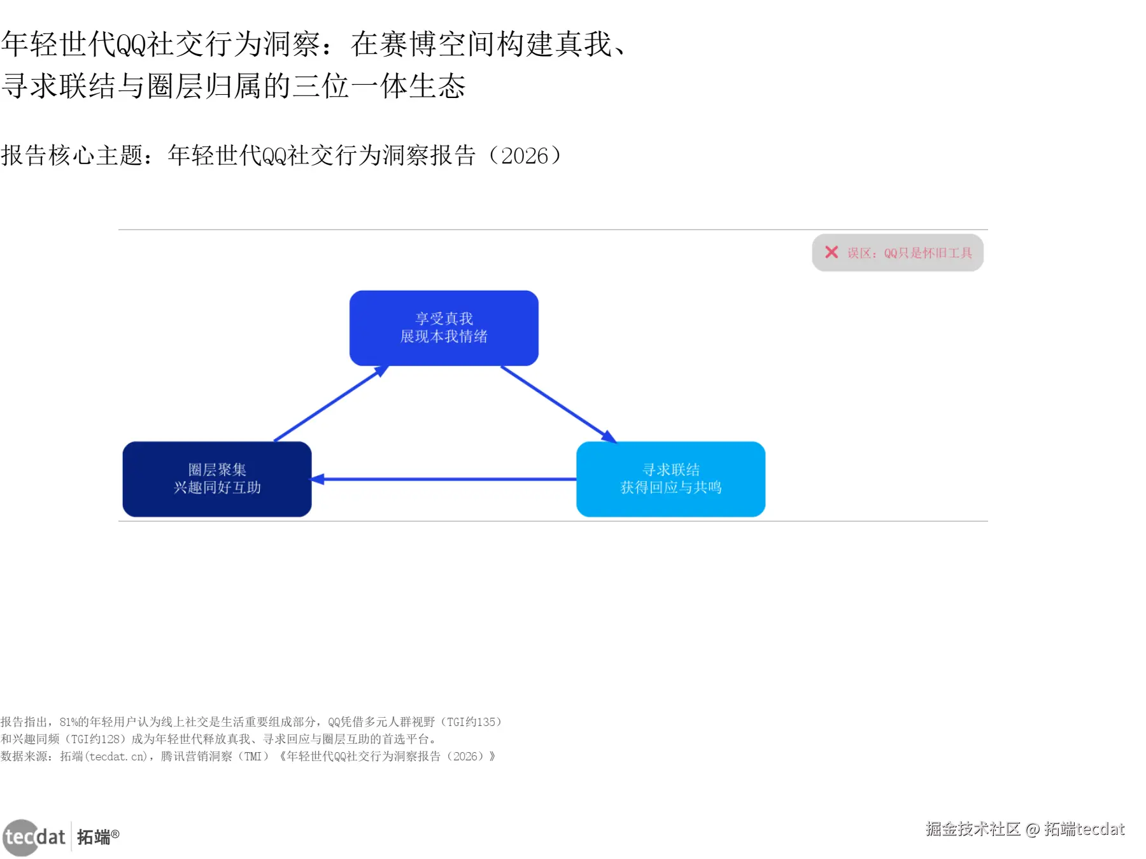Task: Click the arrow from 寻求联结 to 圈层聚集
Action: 446,479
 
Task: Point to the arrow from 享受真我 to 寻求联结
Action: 557,403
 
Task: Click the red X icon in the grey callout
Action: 831,253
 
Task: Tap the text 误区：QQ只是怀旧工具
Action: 910,253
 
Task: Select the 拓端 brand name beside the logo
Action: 94,837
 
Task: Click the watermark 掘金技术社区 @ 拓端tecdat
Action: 1025,829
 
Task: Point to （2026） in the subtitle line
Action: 525,156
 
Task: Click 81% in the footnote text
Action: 68,722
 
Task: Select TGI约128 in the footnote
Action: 95,739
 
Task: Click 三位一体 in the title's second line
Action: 351,87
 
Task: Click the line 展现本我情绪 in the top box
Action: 444,337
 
